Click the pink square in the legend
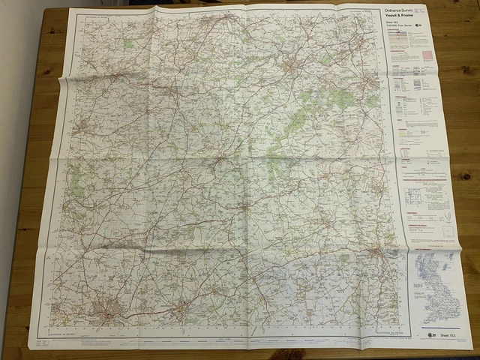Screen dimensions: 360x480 [428, 55]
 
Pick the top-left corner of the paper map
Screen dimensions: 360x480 [69, 10]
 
